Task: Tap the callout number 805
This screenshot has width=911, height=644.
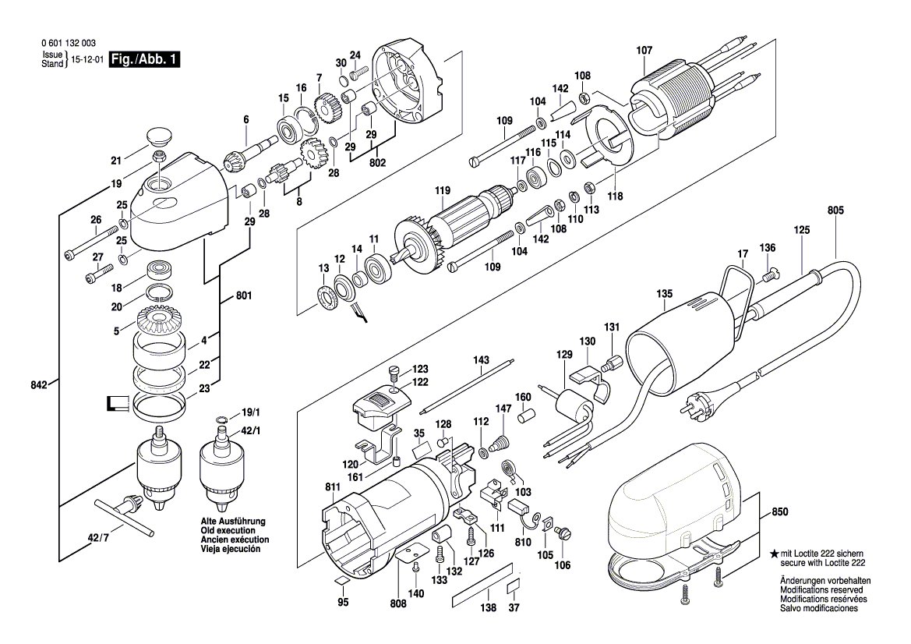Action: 835,211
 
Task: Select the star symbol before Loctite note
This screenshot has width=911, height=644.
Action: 774,553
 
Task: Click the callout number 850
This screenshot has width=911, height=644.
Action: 779,512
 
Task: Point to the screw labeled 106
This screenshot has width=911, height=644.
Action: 567,533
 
